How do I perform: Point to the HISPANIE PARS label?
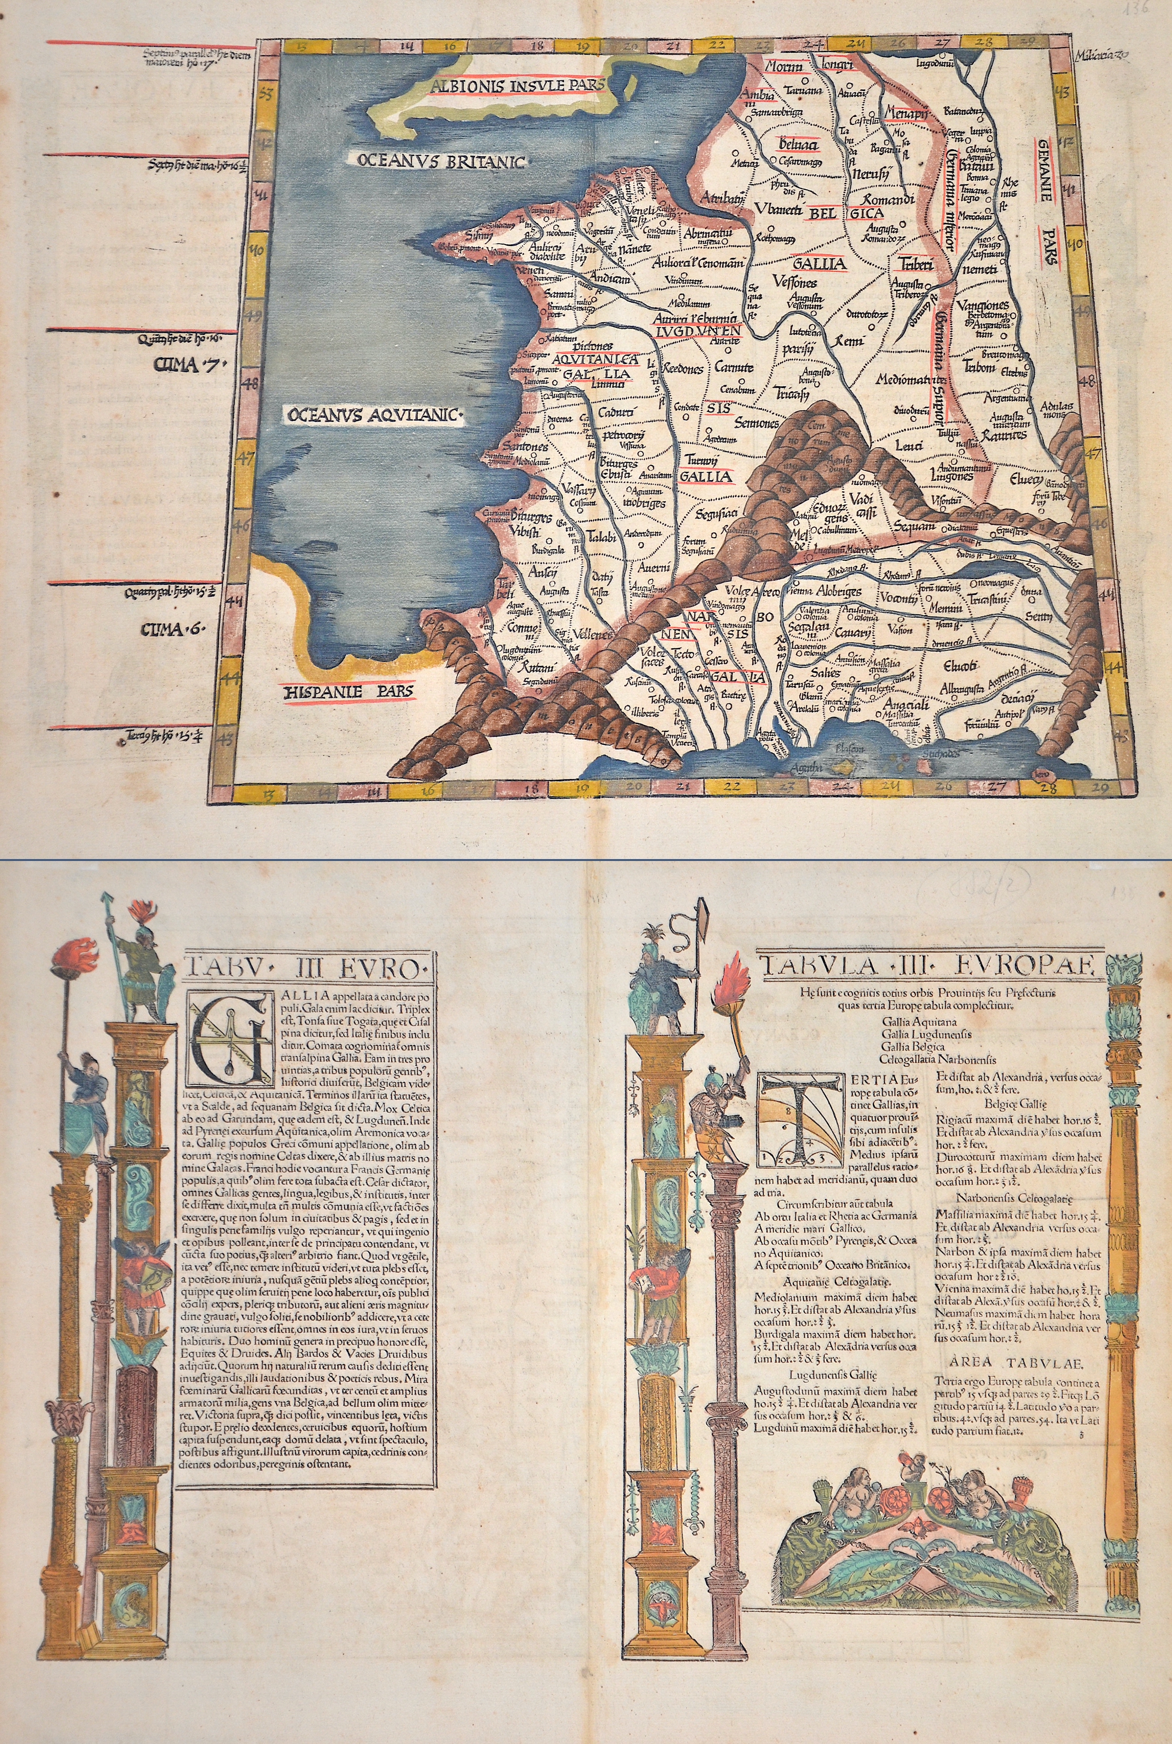tap(349, 691)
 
